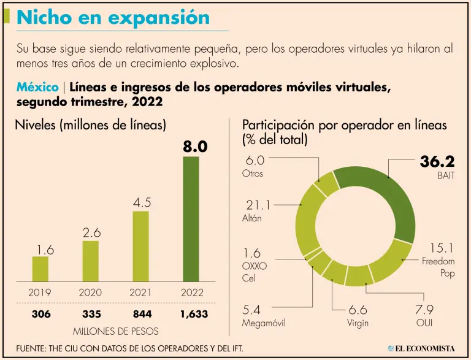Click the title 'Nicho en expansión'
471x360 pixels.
(113, 17)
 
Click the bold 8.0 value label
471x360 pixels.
(195, 147)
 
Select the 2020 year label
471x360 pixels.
(91, 293)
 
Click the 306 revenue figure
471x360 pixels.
(41, 314)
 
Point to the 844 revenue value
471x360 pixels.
(141, 314)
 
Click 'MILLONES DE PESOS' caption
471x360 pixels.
(115, 331)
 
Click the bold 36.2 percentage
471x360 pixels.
(437, 162)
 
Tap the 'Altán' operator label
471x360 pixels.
(252, 218)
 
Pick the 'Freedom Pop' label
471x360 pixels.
(438, 267)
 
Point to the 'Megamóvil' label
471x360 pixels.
(264, 323)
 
